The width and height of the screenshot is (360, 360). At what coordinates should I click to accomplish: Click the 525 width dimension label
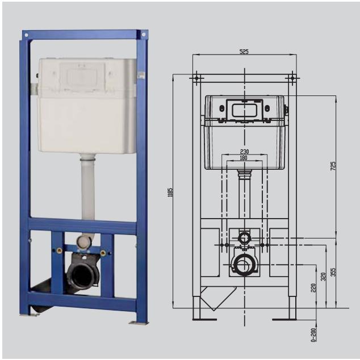coord(244,52)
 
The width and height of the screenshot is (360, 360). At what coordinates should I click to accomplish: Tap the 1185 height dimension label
coord(170,192)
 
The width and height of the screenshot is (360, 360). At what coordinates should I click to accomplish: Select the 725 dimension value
coord(333,166)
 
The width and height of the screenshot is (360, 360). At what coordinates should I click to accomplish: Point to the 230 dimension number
coord(244,152)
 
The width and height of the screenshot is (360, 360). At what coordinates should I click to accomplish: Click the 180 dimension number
coord(244,158)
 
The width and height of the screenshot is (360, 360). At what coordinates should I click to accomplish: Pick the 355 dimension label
coord(333,272)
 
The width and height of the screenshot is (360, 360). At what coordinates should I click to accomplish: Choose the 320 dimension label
coord(323,277)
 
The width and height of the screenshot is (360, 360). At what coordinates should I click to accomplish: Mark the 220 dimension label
coord(313,288)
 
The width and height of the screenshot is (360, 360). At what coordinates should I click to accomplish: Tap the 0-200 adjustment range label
coord(313,335)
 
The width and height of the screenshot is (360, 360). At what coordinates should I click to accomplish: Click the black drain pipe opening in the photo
coord(81,275)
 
